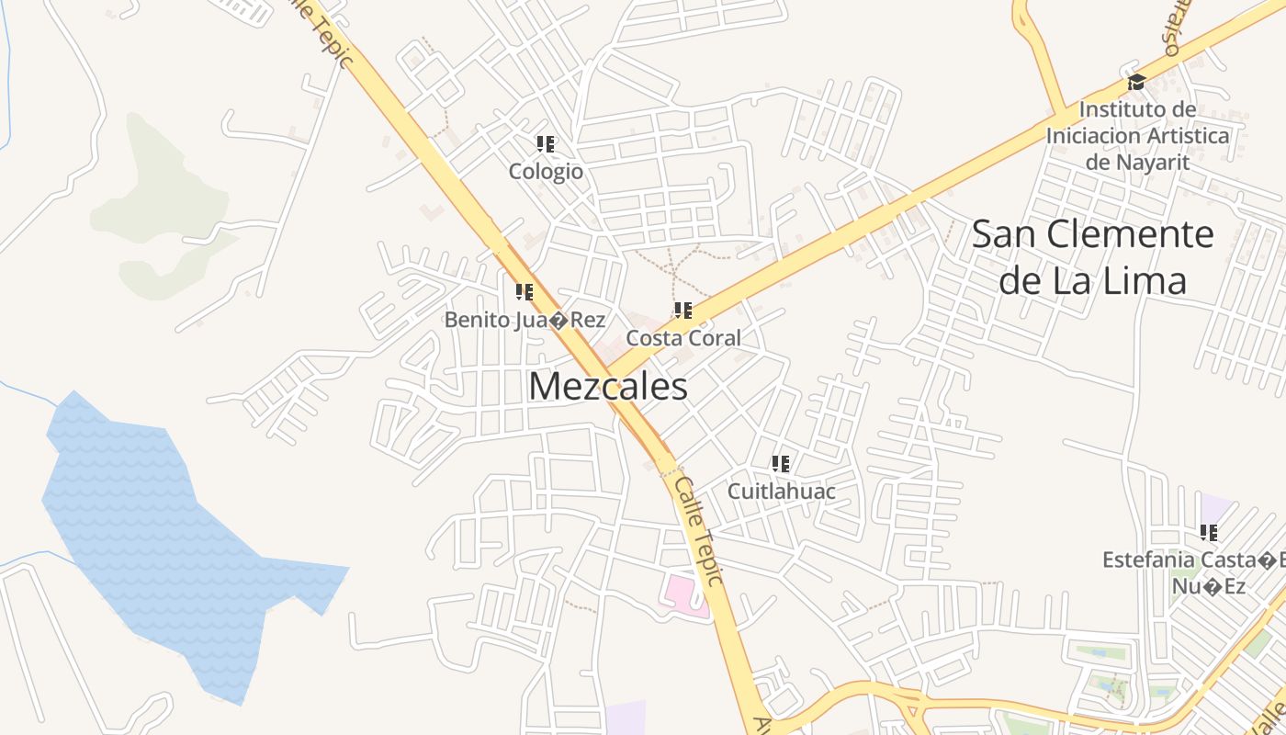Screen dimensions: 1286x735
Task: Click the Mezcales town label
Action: (x=607, y=387)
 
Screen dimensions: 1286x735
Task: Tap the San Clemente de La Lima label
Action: (x=1092, y=257)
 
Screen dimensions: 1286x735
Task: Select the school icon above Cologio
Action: (x=546, y=144)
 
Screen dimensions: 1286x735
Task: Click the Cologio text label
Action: (x=546, y=172)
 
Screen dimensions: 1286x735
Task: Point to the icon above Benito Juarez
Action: (x=525, y=292)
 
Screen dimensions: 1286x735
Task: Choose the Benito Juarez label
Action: (x=525, y=320)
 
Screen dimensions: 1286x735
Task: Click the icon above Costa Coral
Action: (x=682, y=311)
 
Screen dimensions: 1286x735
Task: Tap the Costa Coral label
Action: (x=682, y=338)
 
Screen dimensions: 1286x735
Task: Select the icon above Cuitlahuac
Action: (x=781, y=464)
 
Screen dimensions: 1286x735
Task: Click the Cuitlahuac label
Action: (x=781, y=492)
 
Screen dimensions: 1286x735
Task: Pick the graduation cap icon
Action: (x=1136, y=82)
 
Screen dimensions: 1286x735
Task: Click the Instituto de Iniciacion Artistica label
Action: (x=1137, y=136)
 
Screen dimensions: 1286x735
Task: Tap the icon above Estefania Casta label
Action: (x=1209, y=532)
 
